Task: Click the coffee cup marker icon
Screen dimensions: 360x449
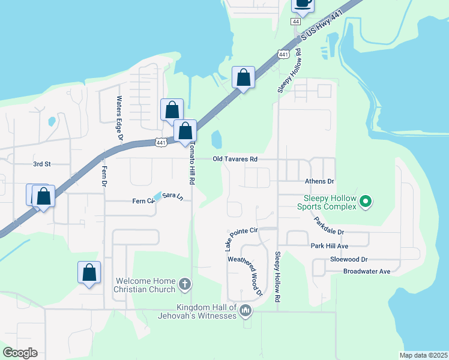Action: (x=303, y=4)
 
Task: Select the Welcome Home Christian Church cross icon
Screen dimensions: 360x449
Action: (x=185, y=284)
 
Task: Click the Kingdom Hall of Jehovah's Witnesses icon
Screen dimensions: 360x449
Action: (x=245, y=311)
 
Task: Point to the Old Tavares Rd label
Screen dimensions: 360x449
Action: (x=235, y=159)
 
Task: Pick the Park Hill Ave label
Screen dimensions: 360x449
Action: (x=330, y=246)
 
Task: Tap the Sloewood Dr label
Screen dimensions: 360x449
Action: (x=349, y=259)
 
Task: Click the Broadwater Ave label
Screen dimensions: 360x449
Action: (x=367, y=271)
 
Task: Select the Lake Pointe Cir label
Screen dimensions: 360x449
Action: (x=241, y=235)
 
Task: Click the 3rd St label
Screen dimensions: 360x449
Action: (x=42, y=163)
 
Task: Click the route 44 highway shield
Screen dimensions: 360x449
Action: (x=295, y=21)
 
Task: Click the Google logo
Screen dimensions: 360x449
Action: (x=20, y=353)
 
